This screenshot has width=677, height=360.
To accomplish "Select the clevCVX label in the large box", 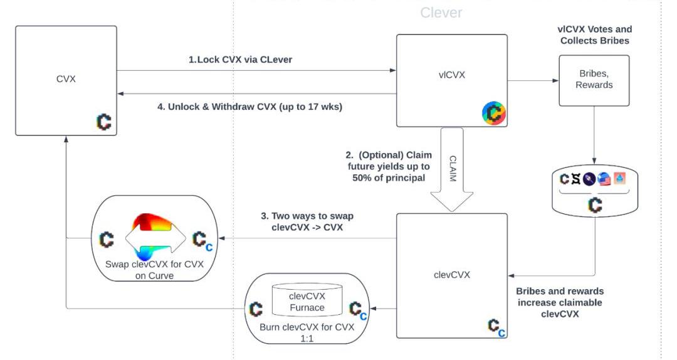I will pyautogui.click(x=451, y=274).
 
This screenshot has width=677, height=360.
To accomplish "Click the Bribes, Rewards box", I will pyautogui.click(x=594, y=80).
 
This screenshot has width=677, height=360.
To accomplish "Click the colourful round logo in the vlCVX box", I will pyautogui.click(x=493, y=113).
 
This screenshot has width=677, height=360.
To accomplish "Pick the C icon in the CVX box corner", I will pyautogui.click(x=104, y=122).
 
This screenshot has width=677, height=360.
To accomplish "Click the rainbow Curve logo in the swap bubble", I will pyautogui.click(x=155, y=239).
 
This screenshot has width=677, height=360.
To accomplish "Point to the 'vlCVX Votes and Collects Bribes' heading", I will pyautogui.click(x=594, y=35).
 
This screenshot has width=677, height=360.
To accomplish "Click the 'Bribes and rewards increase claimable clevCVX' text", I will pyautogui.click(x=560, y=303).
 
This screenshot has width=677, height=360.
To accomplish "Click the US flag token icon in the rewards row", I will pyautogui.click(x=604, y=179).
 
